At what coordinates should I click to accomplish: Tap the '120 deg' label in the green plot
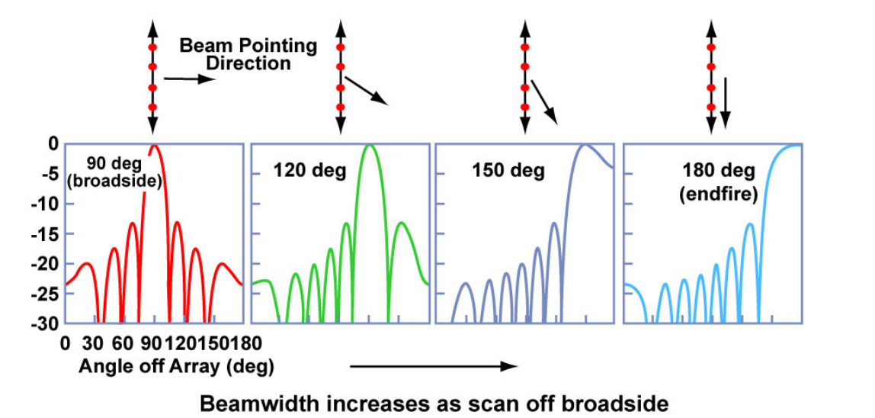coord(309,170)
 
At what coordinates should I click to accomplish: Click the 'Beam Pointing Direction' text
coord(248,54)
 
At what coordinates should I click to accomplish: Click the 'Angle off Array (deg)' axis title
coord(176,366)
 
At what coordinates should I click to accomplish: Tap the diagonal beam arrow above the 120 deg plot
coord(366,89)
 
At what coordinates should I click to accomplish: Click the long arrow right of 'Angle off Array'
coord(434,367)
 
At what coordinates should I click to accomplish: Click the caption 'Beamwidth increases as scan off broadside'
coord(434,404)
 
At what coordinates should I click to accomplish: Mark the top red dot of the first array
coord(152,48)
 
